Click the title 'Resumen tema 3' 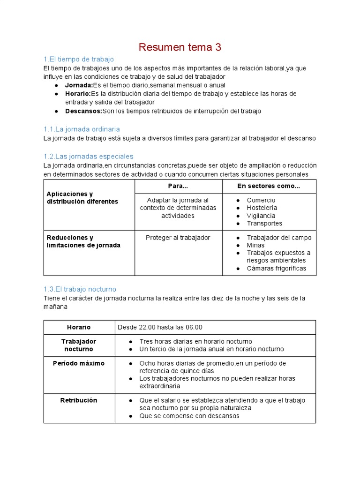tap(180, 47)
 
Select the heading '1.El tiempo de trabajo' tap(78, 59)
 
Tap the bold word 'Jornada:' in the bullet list tap(79, 85)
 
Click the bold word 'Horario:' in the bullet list tap(78, 94)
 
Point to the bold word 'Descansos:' tap(83, 111)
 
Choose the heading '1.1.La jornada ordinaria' tap(82, 129)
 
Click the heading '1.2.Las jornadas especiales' tap(88, 156)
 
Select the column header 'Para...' tap(178, 186)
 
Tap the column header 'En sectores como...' tap(269, 186)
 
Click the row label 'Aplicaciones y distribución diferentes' tap(82, 197)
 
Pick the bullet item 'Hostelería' tap(262, 208)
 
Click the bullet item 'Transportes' tap(264, 223)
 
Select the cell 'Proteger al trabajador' tap(178, 238)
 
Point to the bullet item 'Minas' tap(255, 245)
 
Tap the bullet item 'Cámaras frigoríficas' tap(276, 268)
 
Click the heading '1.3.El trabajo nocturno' tap(80, 289)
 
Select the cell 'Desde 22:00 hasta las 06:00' tap(160, 327)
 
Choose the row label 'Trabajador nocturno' tap(79, 345)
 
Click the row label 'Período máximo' tap(79, 363)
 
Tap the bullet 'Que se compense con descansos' tap(189, 416)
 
